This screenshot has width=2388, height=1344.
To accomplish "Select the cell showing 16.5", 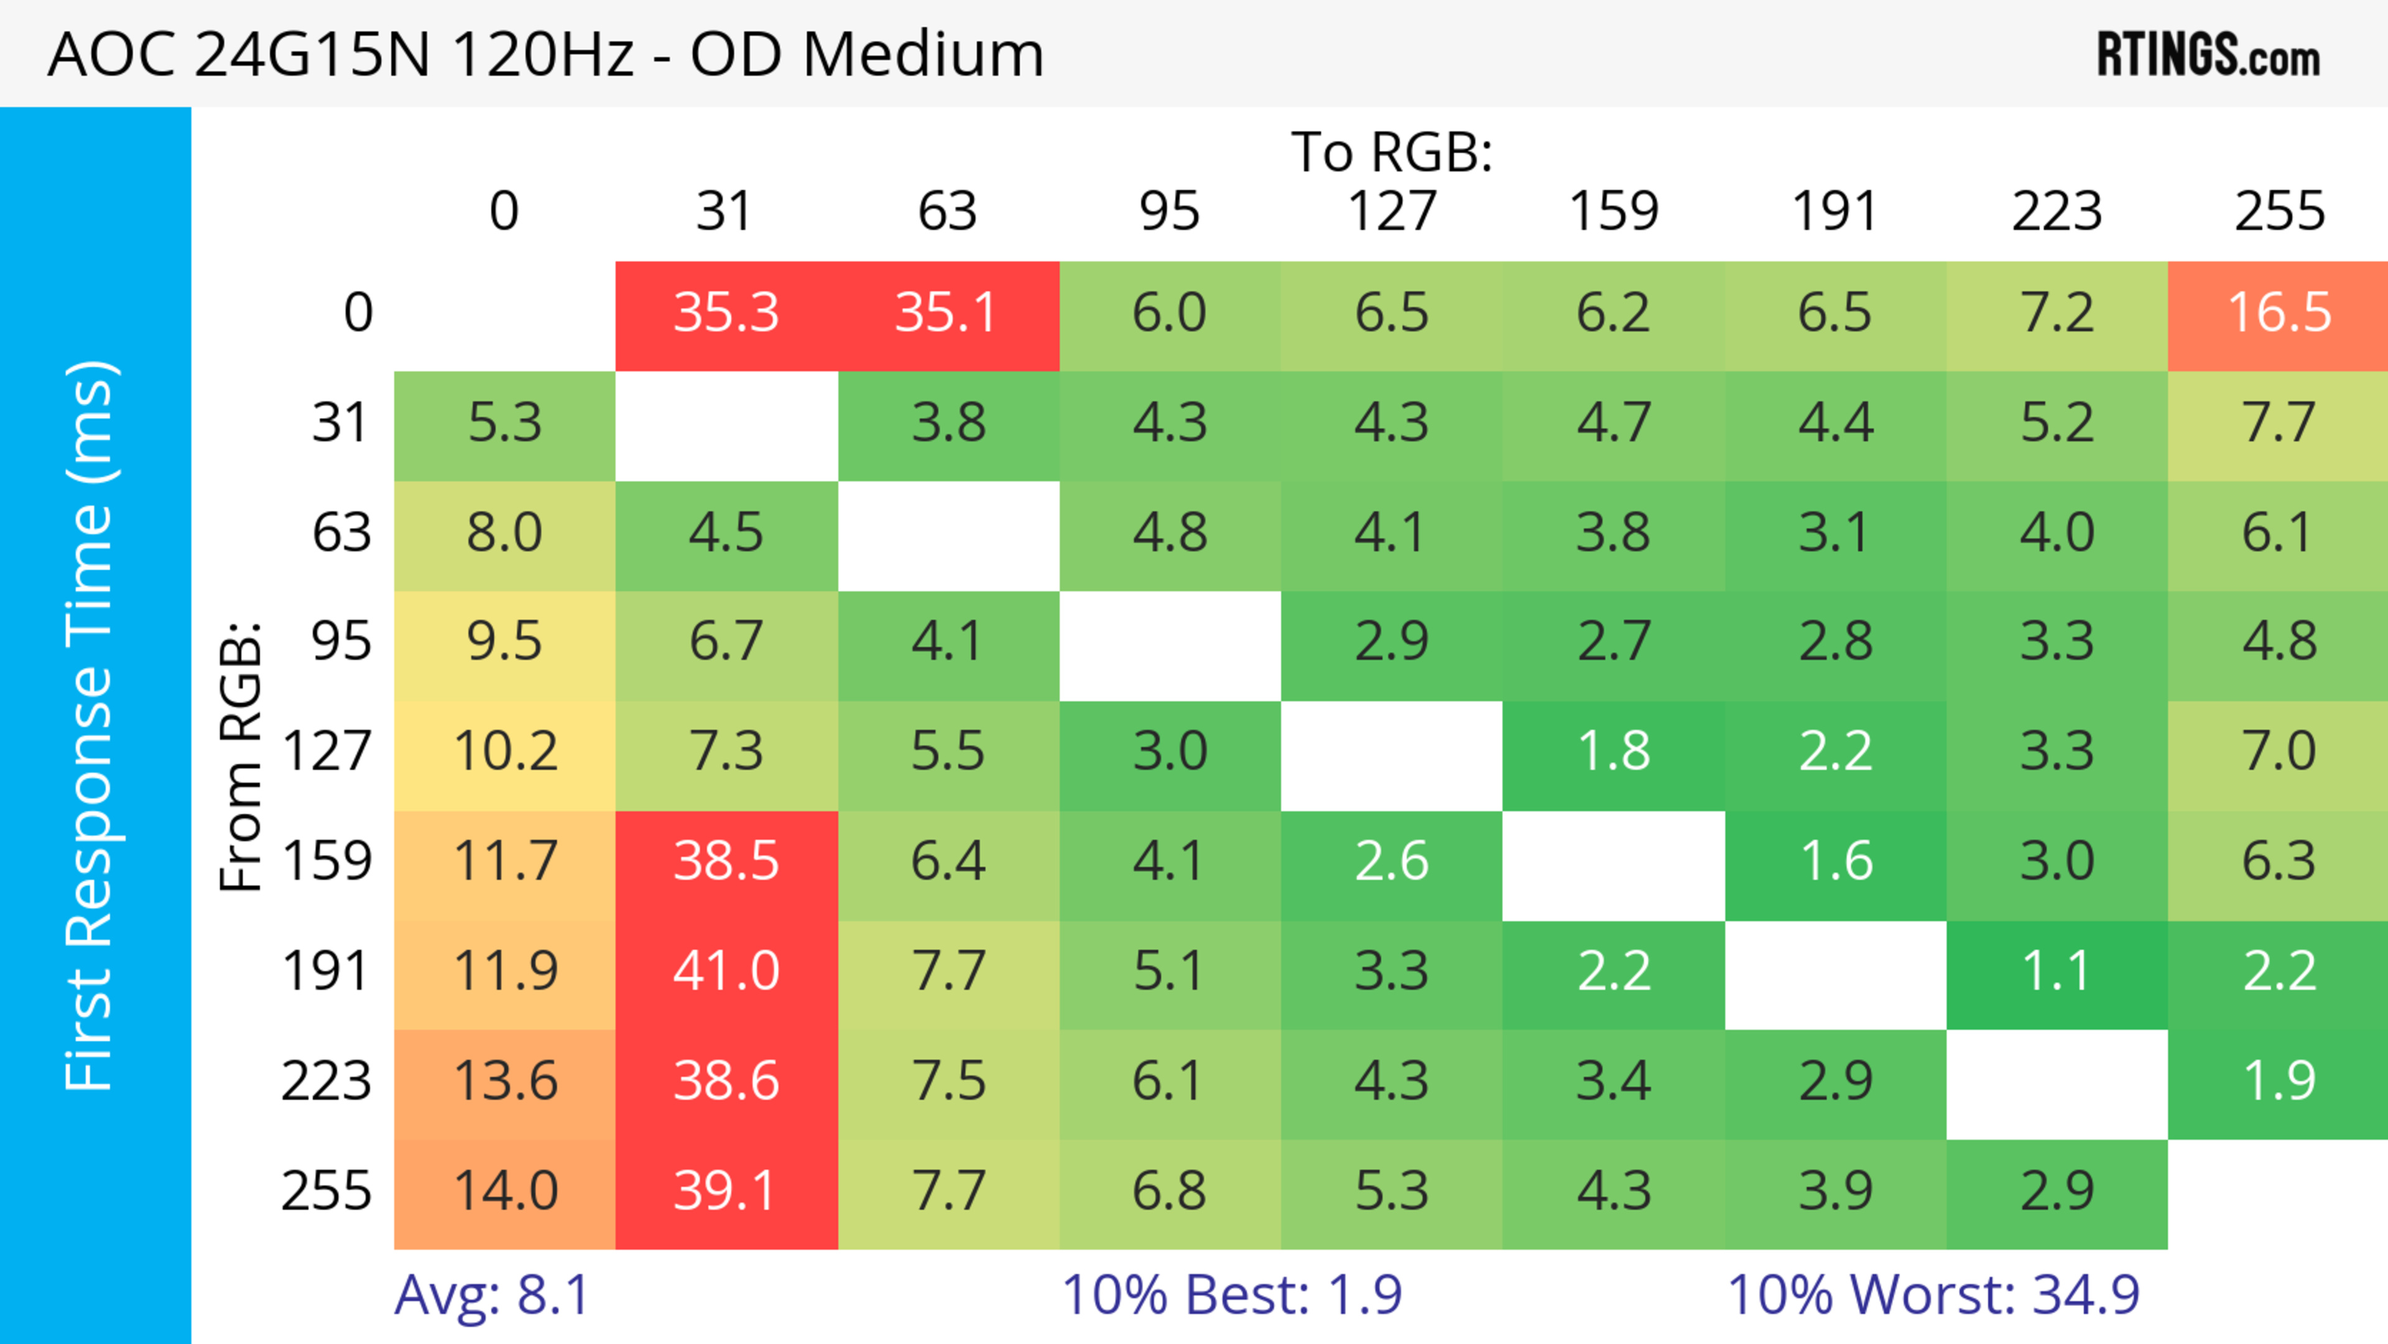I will (x=2278, y=312).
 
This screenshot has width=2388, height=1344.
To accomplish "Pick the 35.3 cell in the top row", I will (x=726, y=312).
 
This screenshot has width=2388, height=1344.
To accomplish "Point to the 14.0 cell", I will (x=505, y=1191).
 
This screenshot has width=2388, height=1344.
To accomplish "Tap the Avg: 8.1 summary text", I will (x=491, y=1295).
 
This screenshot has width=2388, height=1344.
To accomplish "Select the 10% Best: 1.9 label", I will (x=1231, y=1295).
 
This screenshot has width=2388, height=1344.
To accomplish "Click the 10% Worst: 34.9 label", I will (x=1933, y=1295).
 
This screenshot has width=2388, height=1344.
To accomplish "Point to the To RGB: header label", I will (x=1392, y=152).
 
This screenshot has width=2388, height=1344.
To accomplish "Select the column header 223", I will (x=2056, y=211).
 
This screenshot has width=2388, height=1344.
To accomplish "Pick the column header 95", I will (x=1169, y=211).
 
